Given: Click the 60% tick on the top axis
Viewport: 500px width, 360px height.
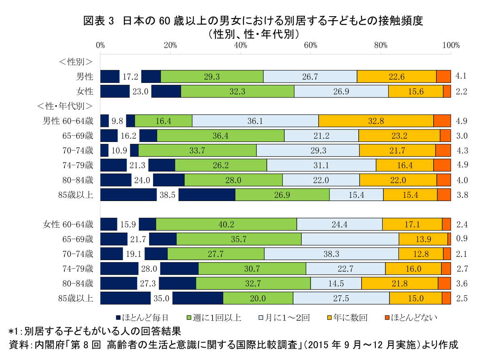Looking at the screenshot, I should coord(311,45).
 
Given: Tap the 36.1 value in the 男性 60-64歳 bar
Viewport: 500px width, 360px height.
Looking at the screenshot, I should coord(255,121).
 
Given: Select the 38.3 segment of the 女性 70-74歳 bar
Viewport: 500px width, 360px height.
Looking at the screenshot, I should coord(331,254).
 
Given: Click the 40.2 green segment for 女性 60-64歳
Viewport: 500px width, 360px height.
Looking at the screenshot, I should coord(226,224).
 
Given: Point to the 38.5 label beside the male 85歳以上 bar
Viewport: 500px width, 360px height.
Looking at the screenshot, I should coord(167,195).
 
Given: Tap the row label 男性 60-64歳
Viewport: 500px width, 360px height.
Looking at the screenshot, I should coord(68,121).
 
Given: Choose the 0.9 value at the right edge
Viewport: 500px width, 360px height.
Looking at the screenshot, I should coord(462,239).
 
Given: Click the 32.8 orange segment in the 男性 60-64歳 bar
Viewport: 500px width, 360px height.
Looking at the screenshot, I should coord(376,121).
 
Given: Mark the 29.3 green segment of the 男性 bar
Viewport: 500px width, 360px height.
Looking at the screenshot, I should coord(212,76).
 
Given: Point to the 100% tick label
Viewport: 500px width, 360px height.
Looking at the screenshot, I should coord(451,45).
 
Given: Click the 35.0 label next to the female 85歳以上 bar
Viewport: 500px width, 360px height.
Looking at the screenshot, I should coord(162,299).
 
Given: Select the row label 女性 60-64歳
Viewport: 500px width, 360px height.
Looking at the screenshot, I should coord(68,224).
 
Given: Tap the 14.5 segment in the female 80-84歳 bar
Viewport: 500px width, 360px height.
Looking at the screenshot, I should coord(336,284).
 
